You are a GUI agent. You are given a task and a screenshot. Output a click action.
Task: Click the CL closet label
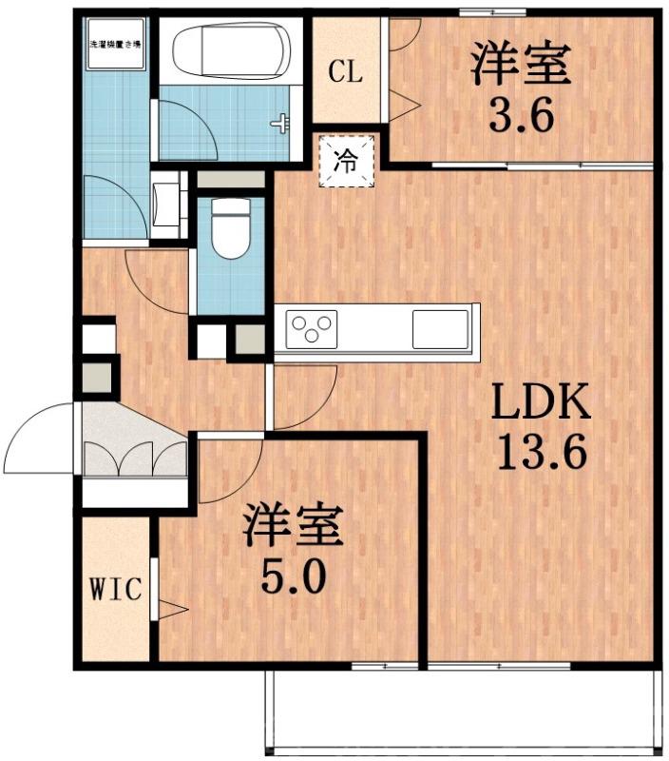point(345,72)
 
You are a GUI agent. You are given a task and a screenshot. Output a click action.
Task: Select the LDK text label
point(541,405)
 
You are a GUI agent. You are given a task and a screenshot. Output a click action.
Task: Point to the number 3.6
point(521,117)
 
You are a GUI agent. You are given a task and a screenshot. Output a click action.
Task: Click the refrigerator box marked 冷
point(346,161)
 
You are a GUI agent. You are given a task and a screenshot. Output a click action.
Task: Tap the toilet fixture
point(229,229)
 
